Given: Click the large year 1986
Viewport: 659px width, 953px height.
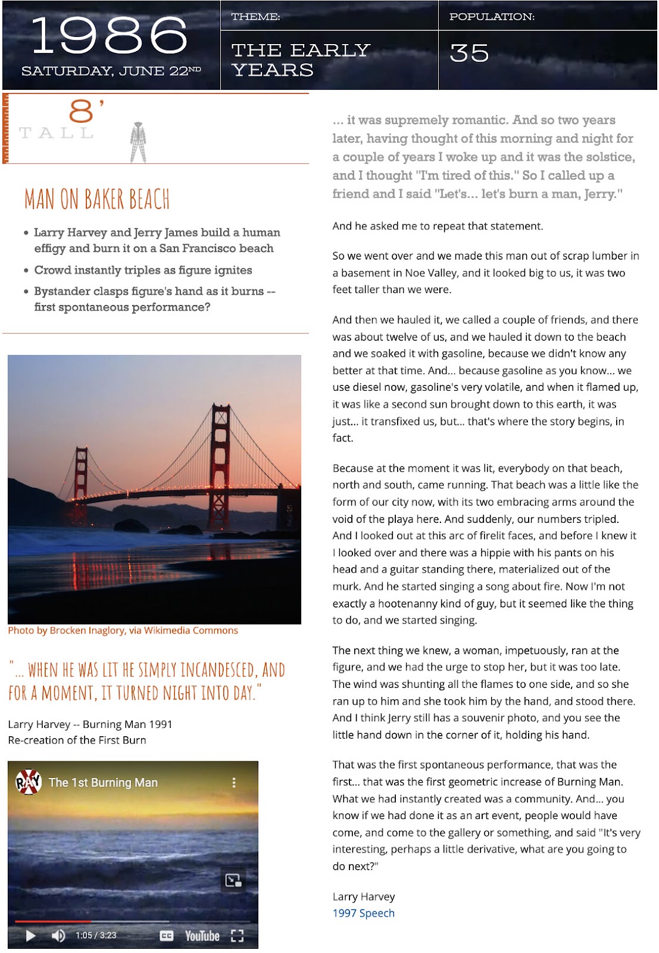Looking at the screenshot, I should tap(110, 36).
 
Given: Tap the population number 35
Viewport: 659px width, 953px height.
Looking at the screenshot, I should tap(469, 54).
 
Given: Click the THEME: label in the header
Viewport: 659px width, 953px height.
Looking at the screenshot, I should tap(256, 17).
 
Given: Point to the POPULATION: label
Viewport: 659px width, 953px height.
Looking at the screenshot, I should tap(492, 17).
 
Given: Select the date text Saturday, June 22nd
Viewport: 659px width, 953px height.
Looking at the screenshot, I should tap(111, 71).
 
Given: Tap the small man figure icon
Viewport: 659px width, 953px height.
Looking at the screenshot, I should tap(138, 142).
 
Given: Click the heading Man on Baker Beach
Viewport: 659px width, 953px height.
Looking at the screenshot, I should tap(97, 200).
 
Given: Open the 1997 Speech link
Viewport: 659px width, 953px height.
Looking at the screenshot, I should tap(363, 913).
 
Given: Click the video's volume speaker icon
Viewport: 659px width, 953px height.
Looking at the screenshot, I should tap(58, 936).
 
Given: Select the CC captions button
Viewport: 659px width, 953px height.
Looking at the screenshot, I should tap(167, 936).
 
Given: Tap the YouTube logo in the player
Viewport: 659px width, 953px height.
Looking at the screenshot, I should tap(202, 936).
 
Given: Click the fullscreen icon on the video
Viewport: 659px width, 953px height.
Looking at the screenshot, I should tap(238, 936).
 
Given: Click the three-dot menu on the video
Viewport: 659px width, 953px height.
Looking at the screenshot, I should tap(234, 783).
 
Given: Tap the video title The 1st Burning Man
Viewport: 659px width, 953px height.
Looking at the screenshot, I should tap(103, 783).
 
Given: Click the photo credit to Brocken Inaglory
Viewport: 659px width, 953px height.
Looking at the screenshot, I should tap(123, 630).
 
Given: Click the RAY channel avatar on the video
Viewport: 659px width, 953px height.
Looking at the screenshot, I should tap(28, 782).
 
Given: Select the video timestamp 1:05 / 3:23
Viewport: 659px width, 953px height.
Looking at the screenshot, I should tap(96, 936).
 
